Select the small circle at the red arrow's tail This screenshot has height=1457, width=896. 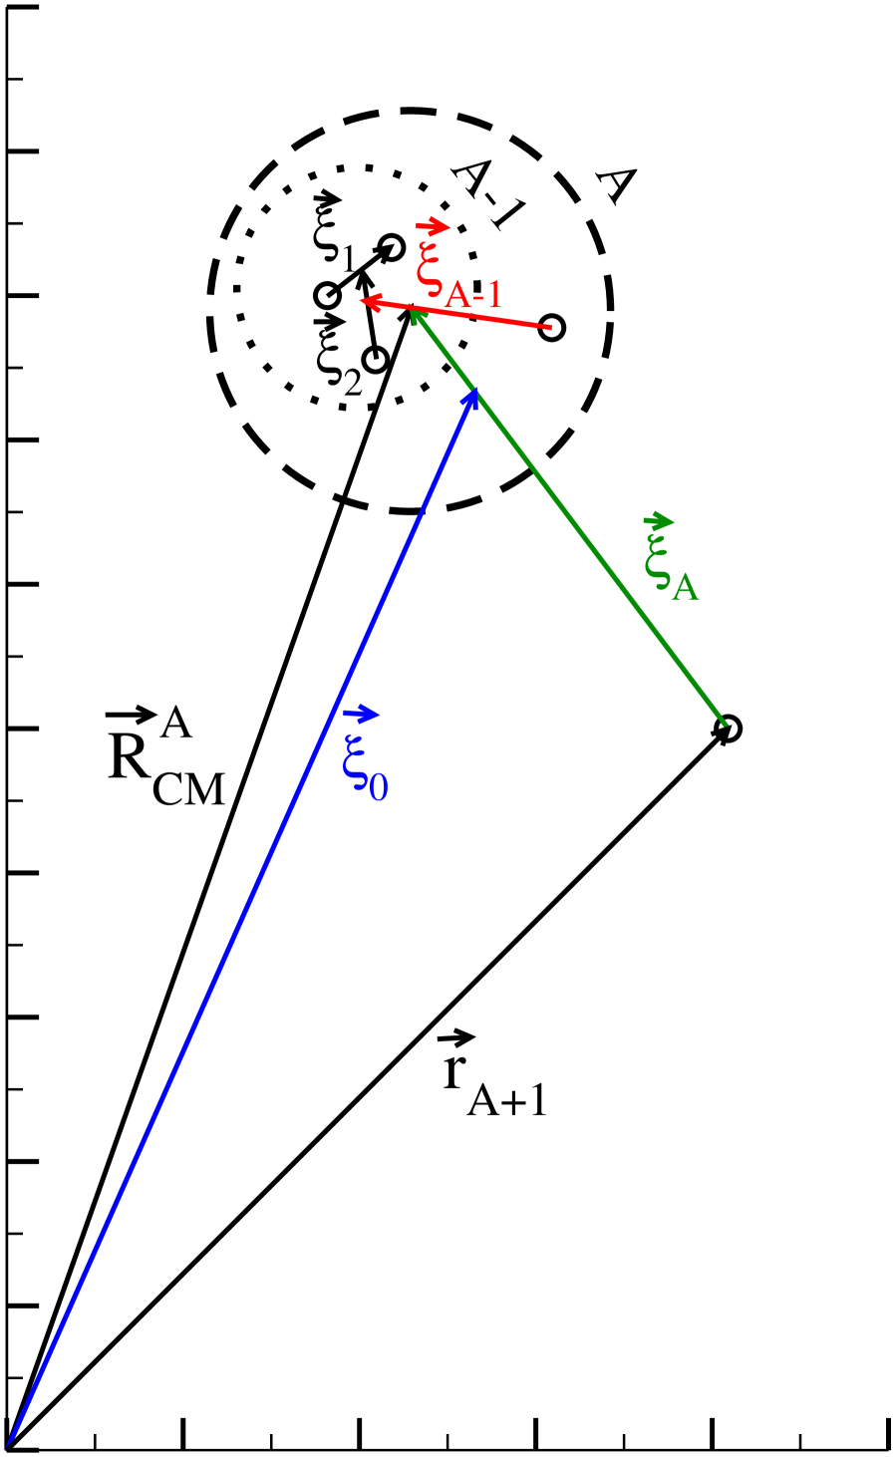point(552,327)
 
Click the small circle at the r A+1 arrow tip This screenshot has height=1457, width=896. point(729,728)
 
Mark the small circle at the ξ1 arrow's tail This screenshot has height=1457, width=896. point(327,296)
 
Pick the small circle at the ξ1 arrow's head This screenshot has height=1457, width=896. point(391,248)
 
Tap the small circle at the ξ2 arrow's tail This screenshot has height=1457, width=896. point(375,359)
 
